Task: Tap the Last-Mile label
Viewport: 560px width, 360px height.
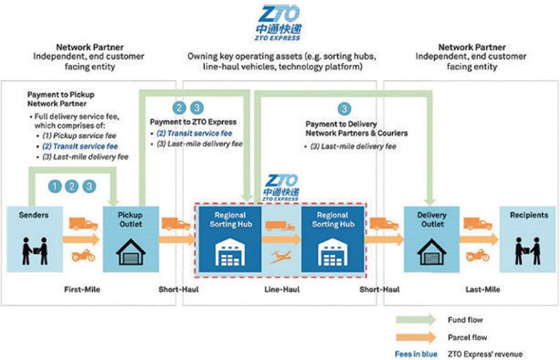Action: click(483, 289)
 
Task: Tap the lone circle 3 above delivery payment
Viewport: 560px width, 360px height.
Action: click(345, 109)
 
